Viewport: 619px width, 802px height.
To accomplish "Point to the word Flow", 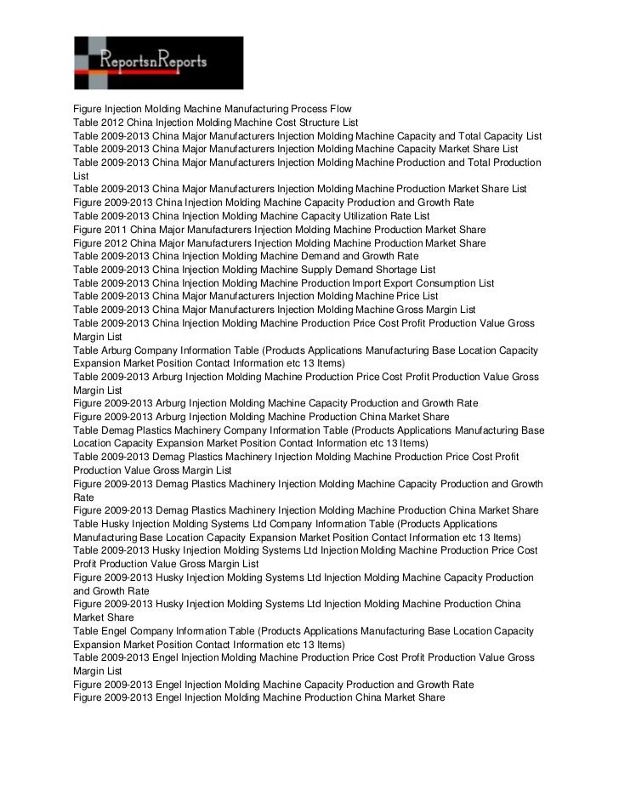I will (x=341, y=110).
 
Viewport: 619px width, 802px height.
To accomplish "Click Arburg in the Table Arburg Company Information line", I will (x=116, y=349).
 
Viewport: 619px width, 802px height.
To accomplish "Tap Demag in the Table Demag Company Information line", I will (x=118, y=430).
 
